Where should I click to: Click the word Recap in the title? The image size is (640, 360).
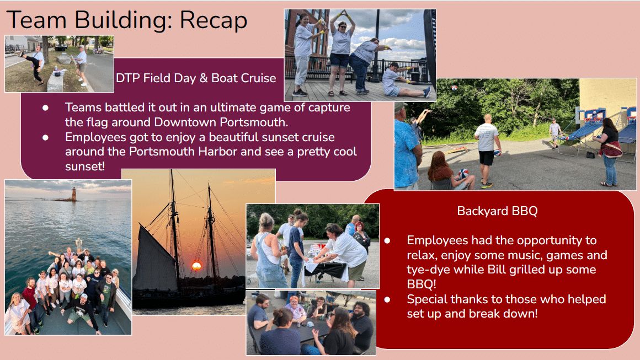point(214,20)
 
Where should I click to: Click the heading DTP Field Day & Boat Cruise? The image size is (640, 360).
point(196,78)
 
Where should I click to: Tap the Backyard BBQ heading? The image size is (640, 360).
point(497,211)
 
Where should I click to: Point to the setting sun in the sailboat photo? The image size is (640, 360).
point(197,266)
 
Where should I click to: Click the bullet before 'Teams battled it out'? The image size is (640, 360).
point(45,108)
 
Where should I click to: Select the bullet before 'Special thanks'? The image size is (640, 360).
point(387,300)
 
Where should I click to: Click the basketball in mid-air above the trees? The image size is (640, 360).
point(454,88)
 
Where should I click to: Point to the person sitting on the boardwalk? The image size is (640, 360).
point(404,80)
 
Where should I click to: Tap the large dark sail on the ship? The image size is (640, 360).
point(156,261)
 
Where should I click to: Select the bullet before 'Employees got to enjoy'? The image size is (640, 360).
point(45,137)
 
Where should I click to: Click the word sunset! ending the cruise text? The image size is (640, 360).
point(85,166)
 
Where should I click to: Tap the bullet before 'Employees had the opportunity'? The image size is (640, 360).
point(387,240)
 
